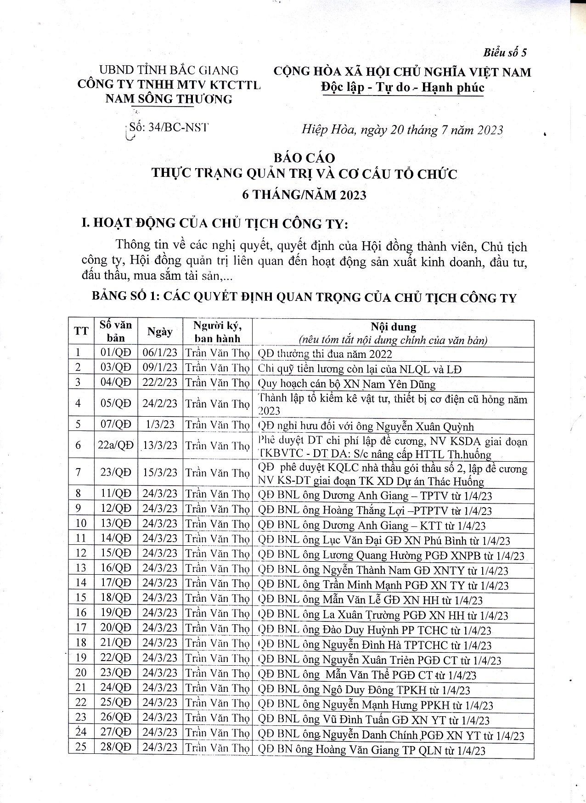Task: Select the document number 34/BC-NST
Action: click(x=169, y=127)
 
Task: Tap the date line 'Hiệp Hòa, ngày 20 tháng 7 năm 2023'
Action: click(x=402, y=130)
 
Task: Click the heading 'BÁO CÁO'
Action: click(x=304, y=158)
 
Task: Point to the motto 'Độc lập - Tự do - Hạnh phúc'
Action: click(x=402, y=87)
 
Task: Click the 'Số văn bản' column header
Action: click(x=115, y=331)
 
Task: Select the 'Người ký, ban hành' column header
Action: click(x=217, y=332)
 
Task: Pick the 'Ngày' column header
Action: click(x=160, y=332)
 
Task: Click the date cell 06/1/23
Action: click(x=160, y=353)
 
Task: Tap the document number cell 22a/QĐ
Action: click(x=115, y=445)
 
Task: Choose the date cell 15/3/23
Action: click(x=160, y=472)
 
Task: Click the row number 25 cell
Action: click(x=81, y=746)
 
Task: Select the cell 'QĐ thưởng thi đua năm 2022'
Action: click(x=325, y=354)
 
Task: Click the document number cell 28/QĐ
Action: click(x=115, y=746)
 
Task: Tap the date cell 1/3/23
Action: click(x=160, y=424)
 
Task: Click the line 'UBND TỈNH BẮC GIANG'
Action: click(x=169, y=70)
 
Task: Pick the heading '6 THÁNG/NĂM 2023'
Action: click(x=304, y=195)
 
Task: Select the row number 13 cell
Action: click(x=81, y=568)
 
